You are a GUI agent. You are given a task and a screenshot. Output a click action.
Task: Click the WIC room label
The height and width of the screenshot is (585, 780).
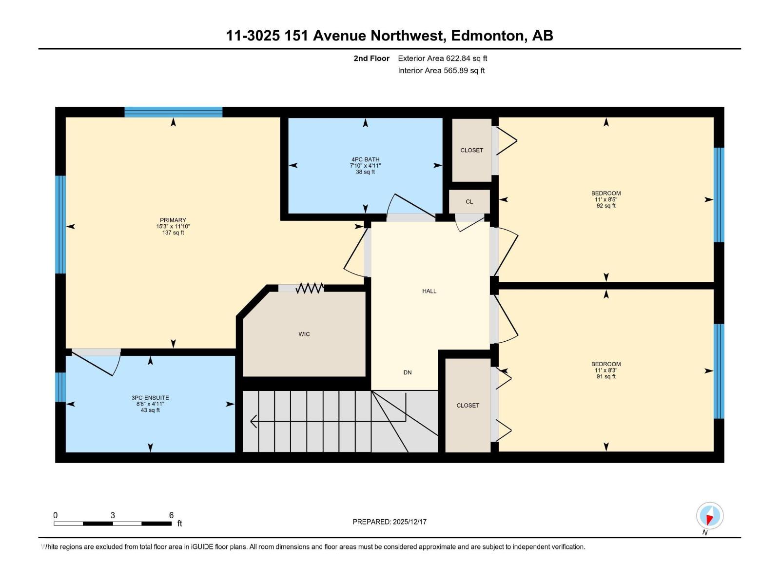[x=304, y=334]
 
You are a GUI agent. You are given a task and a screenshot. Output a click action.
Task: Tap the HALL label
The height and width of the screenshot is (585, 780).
[x=429, y=291]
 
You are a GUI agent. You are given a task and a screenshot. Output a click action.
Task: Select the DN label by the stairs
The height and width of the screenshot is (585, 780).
[x=408, y=372]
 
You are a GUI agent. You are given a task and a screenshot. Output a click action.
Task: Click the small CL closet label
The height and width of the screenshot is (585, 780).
[x=469, y=201]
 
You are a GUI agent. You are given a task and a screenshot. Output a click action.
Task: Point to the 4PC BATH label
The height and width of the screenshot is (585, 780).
[x=365, y=159]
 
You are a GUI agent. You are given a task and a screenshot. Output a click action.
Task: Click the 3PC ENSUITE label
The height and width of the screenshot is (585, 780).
[x=150, y=398]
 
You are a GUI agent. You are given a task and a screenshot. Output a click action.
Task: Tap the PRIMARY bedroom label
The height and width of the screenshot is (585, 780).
[x=173, y=220]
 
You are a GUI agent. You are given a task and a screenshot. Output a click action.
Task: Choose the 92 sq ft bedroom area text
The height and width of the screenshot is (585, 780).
[x=606, y=206]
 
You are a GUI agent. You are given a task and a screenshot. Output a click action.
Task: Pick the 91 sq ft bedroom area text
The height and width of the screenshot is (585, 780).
[x=606, y=376]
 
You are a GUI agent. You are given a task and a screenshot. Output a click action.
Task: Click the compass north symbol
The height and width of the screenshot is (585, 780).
[x=710, y=516]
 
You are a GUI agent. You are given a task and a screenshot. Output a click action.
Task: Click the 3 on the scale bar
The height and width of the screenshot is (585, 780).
[x=113, y=515]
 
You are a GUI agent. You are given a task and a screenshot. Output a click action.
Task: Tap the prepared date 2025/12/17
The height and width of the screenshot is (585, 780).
[x=409, y=522]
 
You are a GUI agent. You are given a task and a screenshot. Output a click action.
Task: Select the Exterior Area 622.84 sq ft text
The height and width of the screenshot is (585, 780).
[x=442, y=58]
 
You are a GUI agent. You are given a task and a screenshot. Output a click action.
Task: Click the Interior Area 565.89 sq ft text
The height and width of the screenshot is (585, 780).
[x=441, y=70]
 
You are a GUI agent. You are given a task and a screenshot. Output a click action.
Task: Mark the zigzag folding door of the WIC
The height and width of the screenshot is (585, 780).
[x=310, y=288]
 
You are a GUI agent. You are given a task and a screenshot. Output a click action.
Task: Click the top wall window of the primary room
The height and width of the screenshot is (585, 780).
[x=173, y=112]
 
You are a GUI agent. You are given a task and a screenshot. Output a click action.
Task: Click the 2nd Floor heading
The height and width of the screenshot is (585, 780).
[x=371, y=58]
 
